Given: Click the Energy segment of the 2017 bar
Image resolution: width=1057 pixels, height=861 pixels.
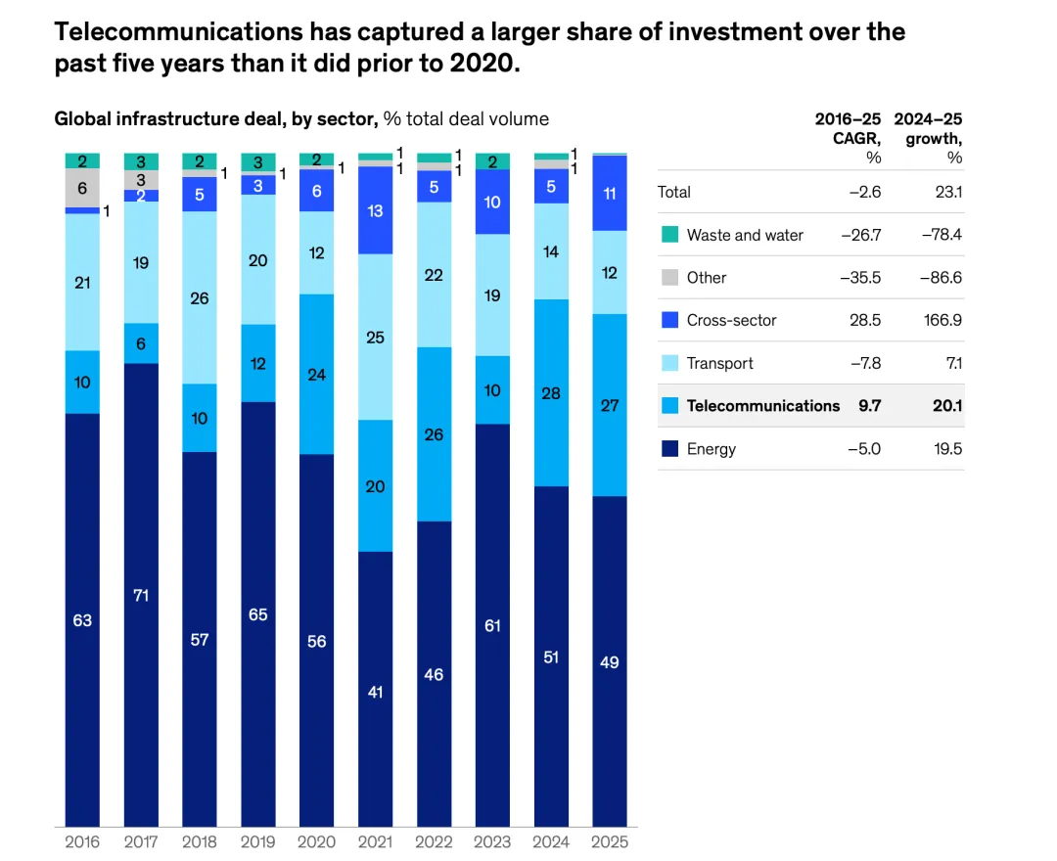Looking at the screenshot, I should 141,594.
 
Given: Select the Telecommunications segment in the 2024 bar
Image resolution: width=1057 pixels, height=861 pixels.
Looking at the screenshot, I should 551,392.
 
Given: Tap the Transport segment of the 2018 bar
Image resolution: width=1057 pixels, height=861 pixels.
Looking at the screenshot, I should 200,297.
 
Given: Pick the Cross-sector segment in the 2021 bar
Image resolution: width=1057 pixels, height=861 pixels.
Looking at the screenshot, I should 375,210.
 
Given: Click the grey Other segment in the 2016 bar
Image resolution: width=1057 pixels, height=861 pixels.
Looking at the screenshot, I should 82,188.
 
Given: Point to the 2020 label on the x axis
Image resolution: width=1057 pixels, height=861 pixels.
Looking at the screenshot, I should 316,841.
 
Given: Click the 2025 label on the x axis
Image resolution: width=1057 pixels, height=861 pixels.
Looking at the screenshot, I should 610,841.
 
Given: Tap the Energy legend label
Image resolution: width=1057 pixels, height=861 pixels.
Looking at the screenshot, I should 711,449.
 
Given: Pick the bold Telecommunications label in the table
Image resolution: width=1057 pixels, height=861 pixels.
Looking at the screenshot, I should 762,406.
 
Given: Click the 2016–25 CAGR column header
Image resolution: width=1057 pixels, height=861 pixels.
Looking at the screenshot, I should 848,138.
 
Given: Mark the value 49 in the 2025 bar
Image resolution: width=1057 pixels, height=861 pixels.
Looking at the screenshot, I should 610,662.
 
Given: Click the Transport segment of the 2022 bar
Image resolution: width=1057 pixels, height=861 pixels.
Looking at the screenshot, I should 434,275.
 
